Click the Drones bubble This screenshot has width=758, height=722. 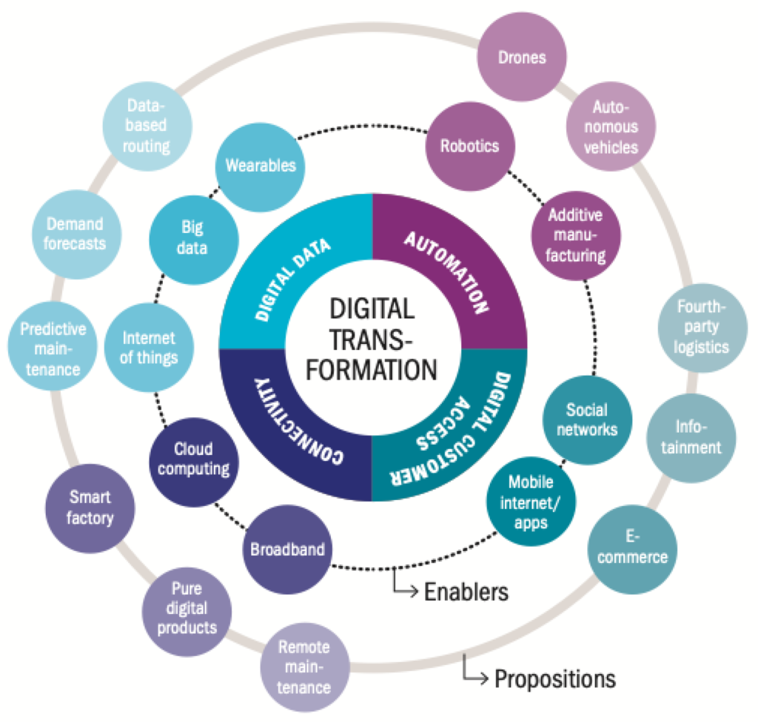522,57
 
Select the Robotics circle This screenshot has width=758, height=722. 470,146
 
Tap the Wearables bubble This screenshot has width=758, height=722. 260,165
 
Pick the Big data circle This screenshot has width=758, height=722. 193,237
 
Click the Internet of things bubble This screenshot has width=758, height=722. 150,348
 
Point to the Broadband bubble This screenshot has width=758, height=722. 288,550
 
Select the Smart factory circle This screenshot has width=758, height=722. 90,507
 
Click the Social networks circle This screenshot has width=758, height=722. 586,419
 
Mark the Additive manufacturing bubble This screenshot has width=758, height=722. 575,235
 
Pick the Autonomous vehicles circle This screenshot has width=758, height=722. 611,126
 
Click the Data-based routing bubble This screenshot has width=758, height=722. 146,126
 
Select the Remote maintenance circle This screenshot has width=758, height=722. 304,667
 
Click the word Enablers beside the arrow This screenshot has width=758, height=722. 466,592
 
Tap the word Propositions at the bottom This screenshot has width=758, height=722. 554,678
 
